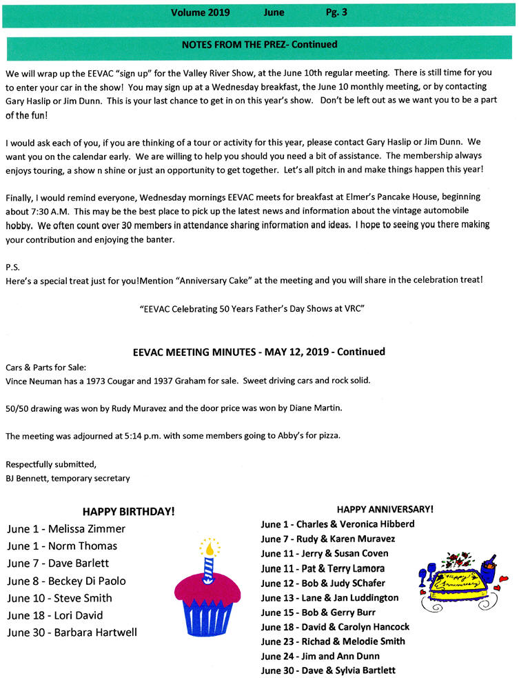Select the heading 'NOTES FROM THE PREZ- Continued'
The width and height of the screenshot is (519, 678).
click(x=259, y=45)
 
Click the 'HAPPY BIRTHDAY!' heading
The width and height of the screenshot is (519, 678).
click(x=128, y=512)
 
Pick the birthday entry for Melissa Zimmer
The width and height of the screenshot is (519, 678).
click(x=66, y=529)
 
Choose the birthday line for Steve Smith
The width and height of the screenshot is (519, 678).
click(x=59, y=598)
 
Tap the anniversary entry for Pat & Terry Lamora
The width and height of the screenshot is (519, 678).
click(x=323, y=569)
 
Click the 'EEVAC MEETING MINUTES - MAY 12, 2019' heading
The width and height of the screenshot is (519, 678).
click(x=258, y=352)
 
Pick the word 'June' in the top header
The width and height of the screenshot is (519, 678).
click(x=274, y=12)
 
